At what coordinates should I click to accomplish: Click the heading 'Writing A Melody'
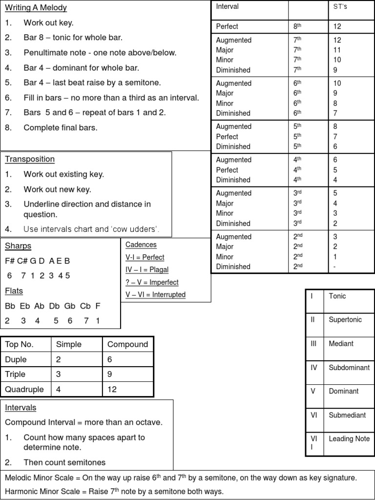[x=36, y=8]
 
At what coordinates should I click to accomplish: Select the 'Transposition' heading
[x=29, y=159]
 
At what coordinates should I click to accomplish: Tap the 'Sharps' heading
[x=18, y=246]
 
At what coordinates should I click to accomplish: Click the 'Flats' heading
[x=14, y=291]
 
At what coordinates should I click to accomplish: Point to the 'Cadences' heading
[x=141, y=245]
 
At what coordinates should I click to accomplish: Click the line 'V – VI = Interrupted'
[x=155, y=294]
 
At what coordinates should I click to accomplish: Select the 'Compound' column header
[x=127, y=344]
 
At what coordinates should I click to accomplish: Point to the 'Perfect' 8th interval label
[x=227, y=26]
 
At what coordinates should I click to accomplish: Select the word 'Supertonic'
[x=345, y=320]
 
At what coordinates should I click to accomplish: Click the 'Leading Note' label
[x=349, y=439]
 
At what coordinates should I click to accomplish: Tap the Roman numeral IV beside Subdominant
[x=314, y=368]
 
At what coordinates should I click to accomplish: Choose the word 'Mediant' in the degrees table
[x=341, y=344]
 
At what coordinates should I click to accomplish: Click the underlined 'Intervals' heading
[x=21, y=407]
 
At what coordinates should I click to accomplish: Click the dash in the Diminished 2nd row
[x=335, y=267]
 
